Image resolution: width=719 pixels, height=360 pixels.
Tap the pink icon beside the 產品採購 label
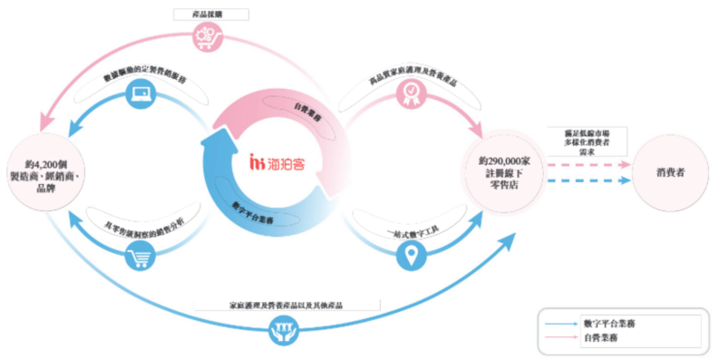click(203, 38)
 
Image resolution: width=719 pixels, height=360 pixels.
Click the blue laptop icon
click(141, 92)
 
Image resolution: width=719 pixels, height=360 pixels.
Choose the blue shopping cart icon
click(141, 258)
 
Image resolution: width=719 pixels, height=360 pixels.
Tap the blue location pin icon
click(408, 258)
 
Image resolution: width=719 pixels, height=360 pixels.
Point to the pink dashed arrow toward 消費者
click(590, 166)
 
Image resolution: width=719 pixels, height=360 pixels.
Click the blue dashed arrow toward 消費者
click(590, 180)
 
